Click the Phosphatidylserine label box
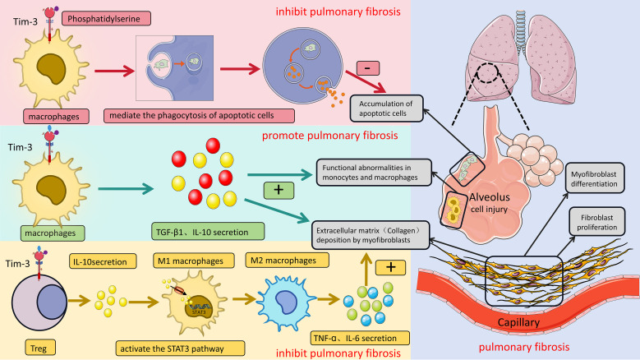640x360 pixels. pyautogui.click(x=106, y=19)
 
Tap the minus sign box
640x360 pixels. pyautogui.click(x=368, y=67)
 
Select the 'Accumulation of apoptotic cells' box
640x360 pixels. pyautogui.click(x=386, y=108)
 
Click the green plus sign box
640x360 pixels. pyautogui.click(x=279, y=190)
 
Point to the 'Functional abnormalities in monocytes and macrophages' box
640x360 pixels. pyautogui.click(x=374, y=173)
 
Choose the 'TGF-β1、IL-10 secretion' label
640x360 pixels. pyautogui.click(x=208, y=232)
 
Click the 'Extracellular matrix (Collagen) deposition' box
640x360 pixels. pyautogui.click(x=371, y=235)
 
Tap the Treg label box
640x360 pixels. pyautogui.click(x=40, y=348)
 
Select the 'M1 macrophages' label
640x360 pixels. pyautogui.click(x=193, y=261)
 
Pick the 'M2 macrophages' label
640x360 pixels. pyautogui.click(x=287, y=260)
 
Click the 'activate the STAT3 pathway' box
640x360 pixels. pyautogui.click(x=180, y=348)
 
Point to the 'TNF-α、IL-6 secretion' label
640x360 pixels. pyautogui.click(x=360, y=338)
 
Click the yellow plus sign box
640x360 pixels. pyautogui.click(x=390, y=267)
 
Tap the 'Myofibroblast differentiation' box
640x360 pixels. pyautogui.click(x=595, y=178)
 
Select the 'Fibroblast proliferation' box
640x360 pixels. pyautogui.click(x=597, y=222)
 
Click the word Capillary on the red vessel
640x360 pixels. pyautogui.click(x=518, y=322)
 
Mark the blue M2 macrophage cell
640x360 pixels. pyautogui.click(x=287, y=301)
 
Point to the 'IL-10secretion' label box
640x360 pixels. pyautogui.click(x=103, y=261)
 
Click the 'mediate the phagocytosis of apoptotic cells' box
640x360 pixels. pyautogui.click(x=199, y=116)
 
